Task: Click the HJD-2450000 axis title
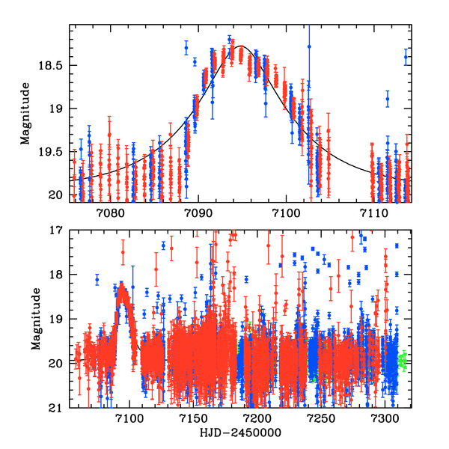[224, 434]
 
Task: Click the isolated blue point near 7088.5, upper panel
[186, 48]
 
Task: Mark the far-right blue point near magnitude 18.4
[406, 57]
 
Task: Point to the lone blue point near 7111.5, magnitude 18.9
[388, 99]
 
